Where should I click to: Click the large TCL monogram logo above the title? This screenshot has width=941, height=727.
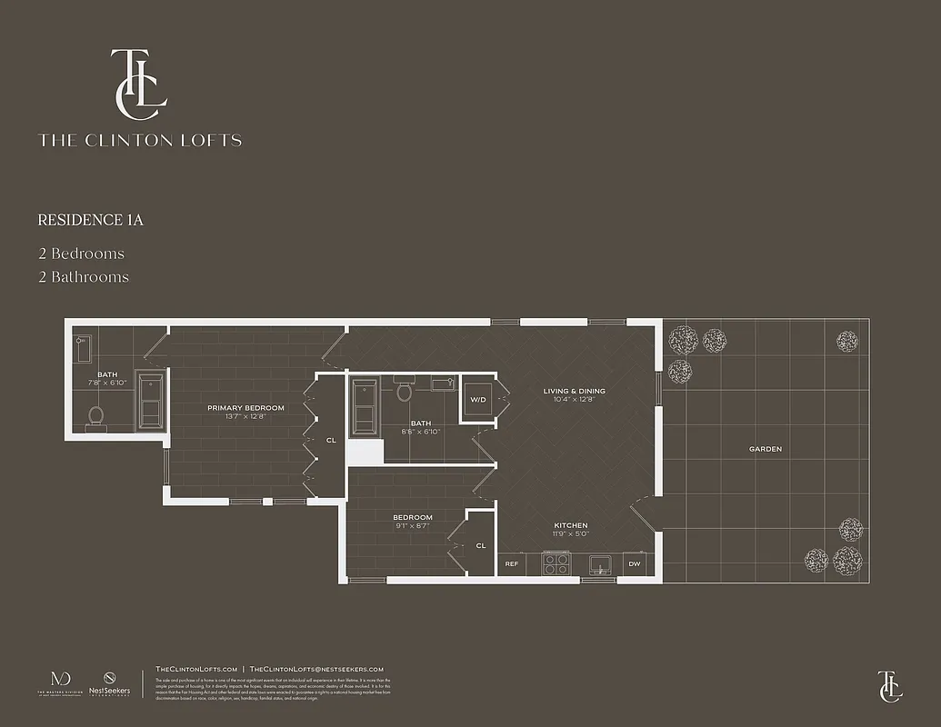point(138,84)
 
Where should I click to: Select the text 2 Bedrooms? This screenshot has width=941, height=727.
point(81,254)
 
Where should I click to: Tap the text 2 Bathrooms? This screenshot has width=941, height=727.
point(83,277)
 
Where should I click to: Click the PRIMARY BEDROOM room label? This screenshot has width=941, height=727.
point(245,408)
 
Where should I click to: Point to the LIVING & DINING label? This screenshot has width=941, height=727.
point(574,392)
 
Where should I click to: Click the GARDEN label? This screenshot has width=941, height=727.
point(765,449)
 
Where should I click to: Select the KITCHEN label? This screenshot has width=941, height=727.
point(571,525)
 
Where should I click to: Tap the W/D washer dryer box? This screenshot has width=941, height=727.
point(476,400)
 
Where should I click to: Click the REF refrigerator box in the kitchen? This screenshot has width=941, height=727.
point(512,564)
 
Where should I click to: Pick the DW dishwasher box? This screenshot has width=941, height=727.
point(634,564)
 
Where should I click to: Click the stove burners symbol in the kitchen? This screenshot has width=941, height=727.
point(556,564)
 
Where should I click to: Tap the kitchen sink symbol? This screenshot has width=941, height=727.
point(599,564)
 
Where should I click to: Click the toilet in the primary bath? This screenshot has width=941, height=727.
point(96,416)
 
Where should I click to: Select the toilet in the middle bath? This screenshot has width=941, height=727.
point(405,393)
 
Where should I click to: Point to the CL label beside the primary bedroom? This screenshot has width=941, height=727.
point(331,440)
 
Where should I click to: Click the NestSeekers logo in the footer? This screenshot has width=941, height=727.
point(109,684)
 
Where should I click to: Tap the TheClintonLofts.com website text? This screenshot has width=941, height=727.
point(196,669)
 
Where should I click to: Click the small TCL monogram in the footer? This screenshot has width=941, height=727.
point(889,686)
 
